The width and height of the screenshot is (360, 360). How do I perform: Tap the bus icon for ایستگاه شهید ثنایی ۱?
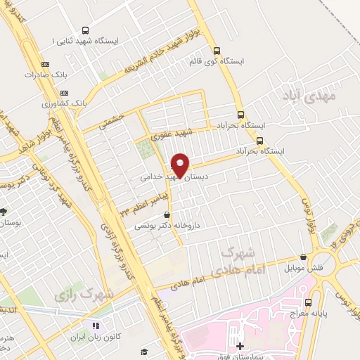tap(86, 31)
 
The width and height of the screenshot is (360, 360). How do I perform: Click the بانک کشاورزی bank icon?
tap(65, 92)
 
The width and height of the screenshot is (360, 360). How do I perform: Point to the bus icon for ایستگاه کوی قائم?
tap(217, 51)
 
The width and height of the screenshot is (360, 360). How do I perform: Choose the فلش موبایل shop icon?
tap(303, 257)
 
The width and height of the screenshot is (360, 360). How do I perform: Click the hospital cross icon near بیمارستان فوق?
tap(240, 345)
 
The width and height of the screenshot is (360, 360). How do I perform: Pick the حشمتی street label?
tap(112, 121)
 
